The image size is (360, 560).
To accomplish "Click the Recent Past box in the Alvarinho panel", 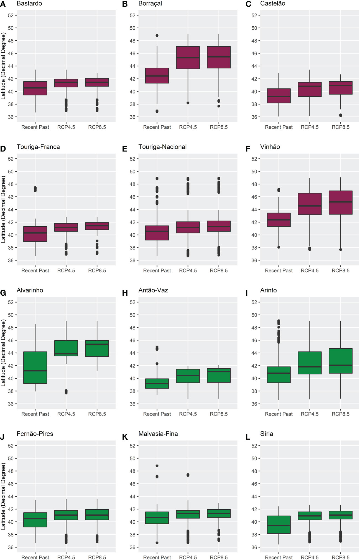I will click(35, 368).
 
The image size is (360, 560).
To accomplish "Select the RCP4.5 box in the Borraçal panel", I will click(188, 58).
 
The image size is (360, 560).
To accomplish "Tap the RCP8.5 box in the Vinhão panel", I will click(341, 202).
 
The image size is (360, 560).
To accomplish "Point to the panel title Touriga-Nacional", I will click(162, 147).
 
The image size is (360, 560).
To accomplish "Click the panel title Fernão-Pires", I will click(35, 434).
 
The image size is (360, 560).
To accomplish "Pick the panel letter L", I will click(248, 437).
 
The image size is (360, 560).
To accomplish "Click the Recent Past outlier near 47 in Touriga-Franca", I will click(35, 189).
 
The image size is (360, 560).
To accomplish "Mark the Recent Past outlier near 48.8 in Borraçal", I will click(157, 36).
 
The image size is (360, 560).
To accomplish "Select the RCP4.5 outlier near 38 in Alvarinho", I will click(66, 392).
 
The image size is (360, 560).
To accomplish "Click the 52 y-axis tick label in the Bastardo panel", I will click(11, 15).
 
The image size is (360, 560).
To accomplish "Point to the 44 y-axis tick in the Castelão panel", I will click(254, 66).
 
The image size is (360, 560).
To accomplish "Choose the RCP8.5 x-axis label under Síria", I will click(341, 557).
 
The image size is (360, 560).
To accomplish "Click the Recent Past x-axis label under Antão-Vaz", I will click(157, 414).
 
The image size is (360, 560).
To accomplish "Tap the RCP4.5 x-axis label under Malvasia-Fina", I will click(188, 557).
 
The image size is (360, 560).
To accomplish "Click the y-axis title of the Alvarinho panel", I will click(3, 353).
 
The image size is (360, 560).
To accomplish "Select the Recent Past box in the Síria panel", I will click(279, 524).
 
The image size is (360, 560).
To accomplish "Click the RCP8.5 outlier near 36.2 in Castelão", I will click(341, 115).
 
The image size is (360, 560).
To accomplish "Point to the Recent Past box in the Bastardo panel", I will click(35, 88).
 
